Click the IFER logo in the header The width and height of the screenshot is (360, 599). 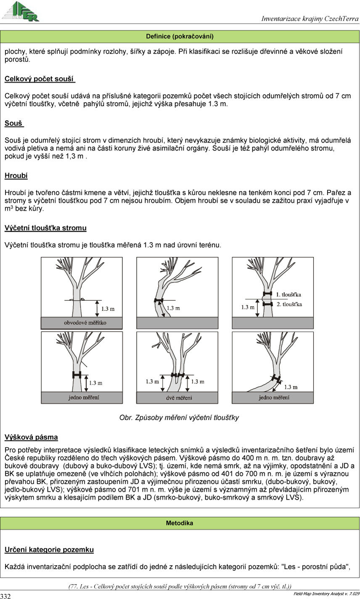tap(21, 11)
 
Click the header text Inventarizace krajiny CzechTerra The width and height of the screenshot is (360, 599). tap(310, 19)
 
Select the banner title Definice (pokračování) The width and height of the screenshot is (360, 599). tap(180, 37)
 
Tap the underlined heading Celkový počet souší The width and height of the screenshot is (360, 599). tap(40, 79)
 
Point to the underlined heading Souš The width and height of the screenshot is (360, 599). tap(14, 123)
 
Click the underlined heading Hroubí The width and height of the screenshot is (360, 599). tap(16, 175)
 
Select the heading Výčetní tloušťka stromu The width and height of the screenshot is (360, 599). tap(45, 228)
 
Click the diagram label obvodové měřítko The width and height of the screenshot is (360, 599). tap(82, 323)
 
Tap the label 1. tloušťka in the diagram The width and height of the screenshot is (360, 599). tap(289, 294)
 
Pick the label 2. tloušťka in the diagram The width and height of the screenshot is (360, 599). tap(289, 304)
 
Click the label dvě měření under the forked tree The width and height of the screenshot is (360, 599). tap(177, 398)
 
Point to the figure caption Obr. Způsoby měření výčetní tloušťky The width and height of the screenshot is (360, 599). tap(179, 418)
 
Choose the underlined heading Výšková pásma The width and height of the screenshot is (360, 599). tap(31, 437)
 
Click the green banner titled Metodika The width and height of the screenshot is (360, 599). tap(180, 523)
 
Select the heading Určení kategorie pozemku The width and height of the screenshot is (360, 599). tap(49, 549)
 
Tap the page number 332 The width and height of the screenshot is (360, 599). tap(5, 596)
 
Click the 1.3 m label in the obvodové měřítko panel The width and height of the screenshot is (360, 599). tap(108, 309)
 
